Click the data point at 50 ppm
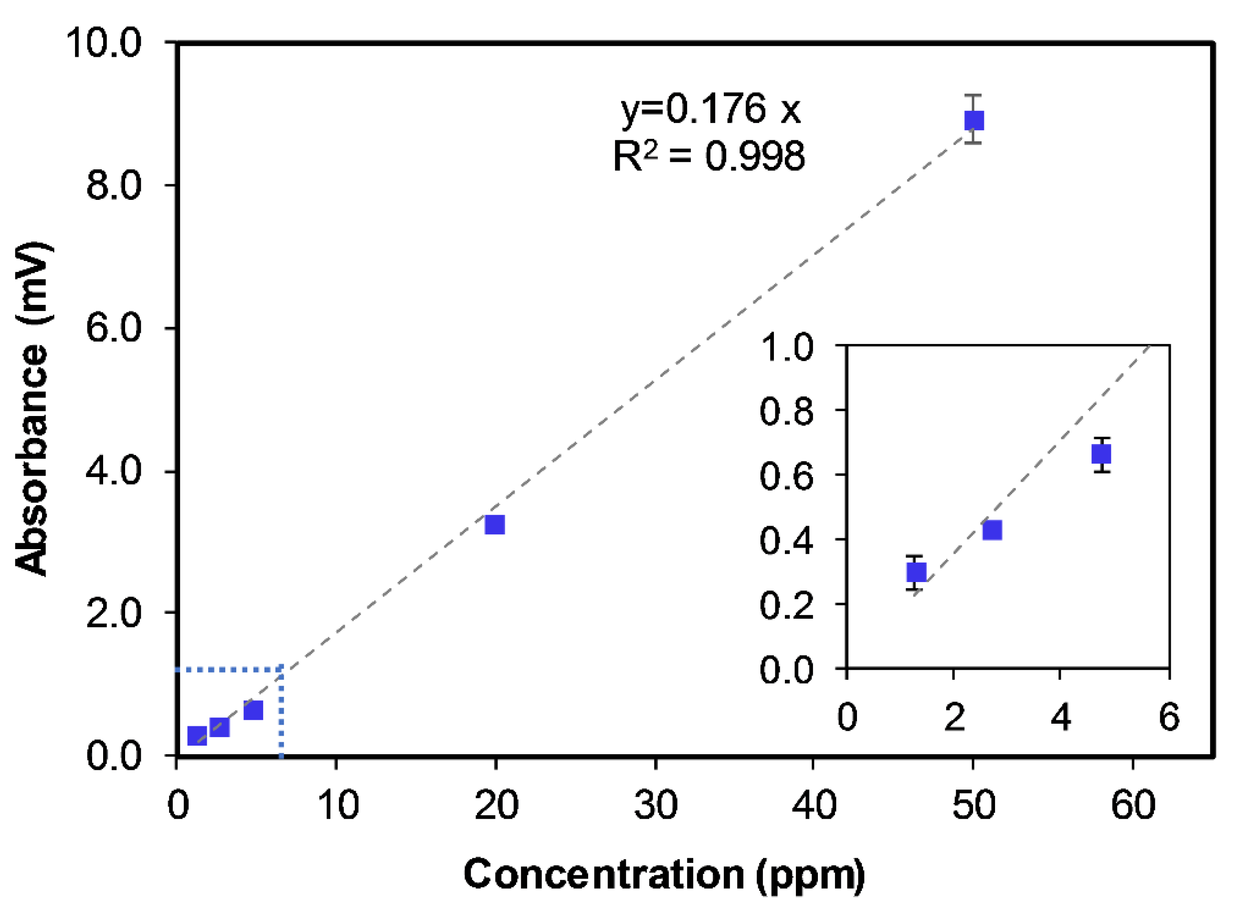(973, 120)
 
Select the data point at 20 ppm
(495, 524)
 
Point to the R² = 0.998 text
(709, 156)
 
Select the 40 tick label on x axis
(814, 805)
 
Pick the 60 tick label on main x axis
(1133, 805)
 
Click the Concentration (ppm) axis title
(664, 874)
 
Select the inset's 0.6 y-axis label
(787, 476)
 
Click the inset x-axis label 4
(1060, 717)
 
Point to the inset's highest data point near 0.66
(1101, 454)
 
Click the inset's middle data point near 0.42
(992, 530)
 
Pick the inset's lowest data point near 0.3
(917, 572)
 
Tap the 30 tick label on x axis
(656, 805)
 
